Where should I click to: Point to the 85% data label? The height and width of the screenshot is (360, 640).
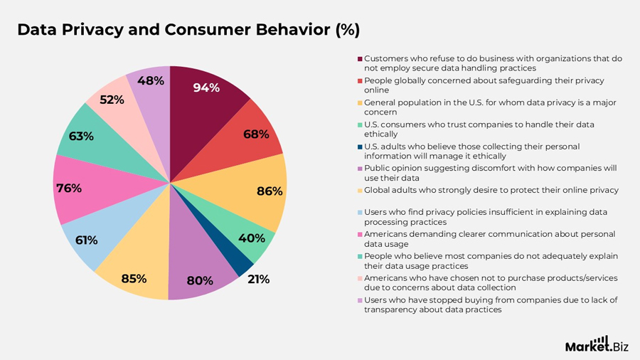coord(134,278)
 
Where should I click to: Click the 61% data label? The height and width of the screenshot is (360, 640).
coord(86,240)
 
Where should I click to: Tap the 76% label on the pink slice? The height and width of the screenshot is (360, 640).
coord(68,189)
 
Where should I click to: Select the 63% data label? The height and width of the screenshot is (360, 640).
coord(81,136)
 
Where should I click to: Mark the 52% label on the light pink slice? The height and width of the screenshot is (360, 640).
coord(112,100)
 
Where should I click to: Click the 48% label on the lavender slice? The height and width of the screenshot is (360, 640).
coord(151,80)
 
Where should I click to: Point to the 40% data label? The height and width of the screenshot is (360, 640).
coord(252,238)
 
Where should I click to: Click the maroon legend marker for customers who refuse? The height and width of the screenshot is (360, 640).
coord(360,58)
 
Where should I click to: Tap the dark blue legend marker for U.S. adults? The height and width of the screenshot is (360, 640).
coord(360,147)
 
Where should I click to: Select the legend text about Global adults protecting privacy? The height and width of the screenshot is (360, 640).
coord(491,190)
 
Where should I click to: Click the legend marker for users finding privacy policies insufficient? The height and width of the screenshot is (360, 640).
coord(360,212)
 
